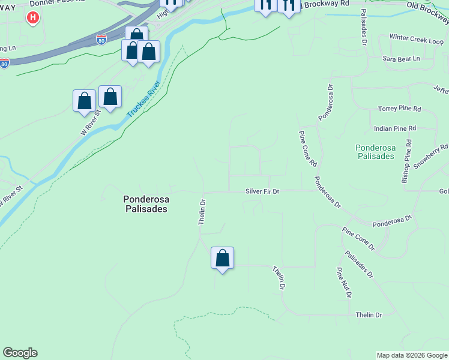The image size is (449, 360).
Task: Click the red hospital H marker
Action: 33,18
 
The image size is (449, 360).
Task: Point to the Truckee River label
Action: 144,100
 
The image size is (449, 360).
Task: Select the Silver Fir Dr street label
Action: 262,191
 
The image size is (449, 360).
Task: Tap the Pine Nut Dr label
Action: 343,283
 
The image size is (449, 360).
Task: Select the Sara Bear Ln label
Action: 401,59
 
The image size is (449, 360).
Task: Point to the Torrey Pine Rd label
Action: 399,109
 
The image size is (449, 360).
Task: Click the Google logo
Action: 20,353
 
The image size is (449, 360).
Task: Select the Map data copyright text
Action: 412,355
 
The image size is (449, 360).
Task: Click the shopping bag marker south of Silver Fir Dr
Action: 222,259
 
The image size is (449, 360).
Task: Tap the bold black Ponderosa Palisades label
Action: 145,204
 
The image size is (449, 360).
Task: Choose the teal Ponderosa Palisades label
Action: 375,151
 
